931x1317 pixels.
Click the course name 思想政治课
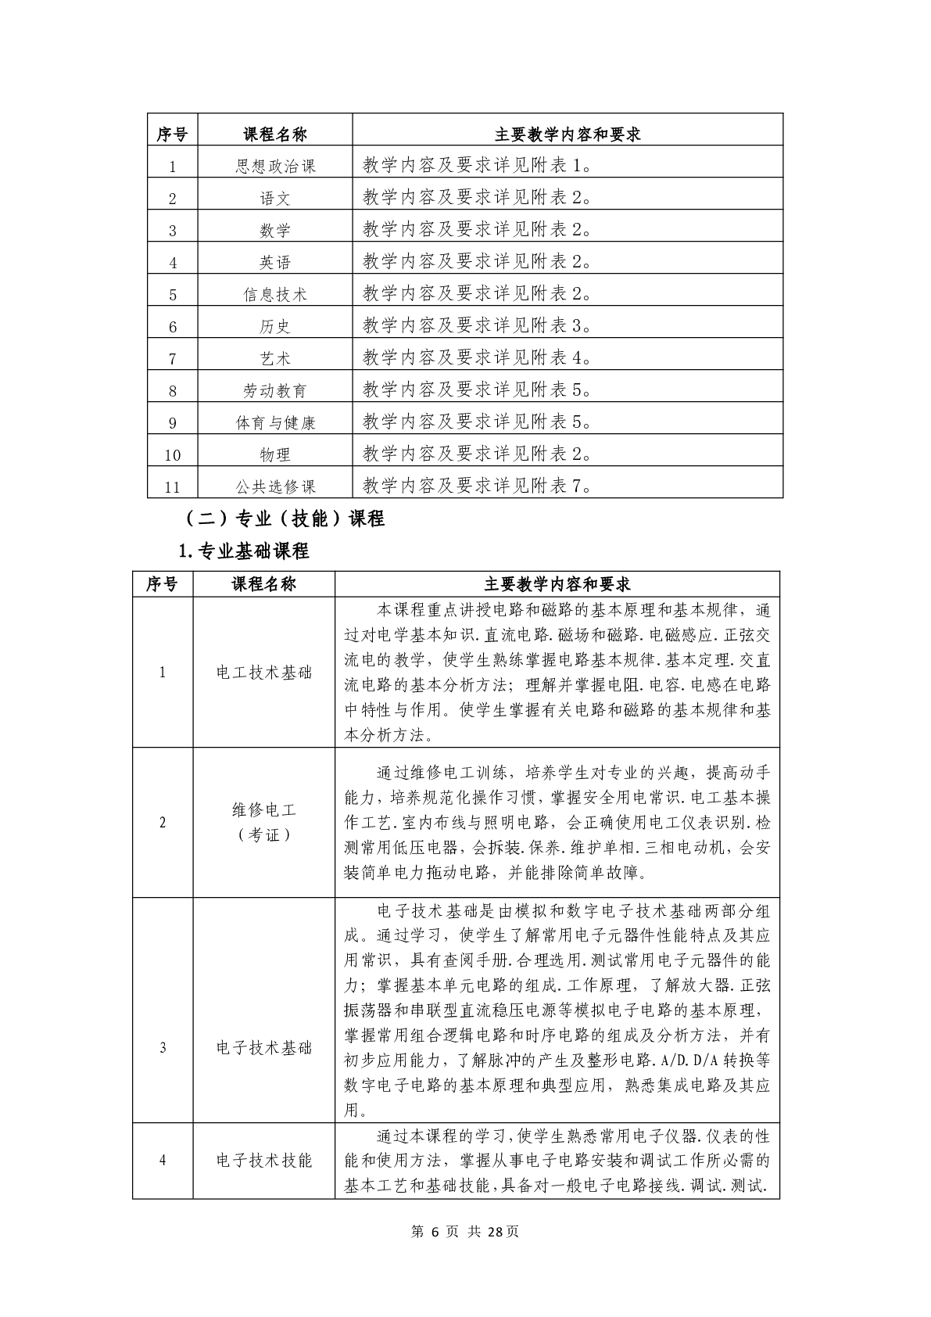coord(275,167)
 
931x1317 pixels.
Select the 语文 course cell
coord(275,199)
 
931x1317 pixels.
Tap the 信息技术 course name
coord(275,295)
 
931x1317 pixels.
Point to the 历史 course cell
coord(275,327)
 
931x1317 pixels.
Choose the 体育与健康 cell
coord(275,423)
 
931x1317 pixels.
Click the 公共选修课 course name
coord(275,487)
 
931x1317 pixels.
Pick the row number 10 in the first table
coord(173,455)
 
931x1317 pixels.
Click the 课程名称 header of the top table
coord(275,135)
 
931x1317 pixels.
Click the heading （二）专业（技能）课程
coord(282,519)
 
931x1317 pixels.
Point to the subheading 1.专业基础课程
coord(244,551)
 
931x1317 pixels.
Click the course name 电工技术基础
coord(263,673)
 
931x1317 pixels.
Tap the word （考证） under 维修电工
coord(263,835)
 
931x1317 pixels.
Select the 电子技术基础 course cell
coord(263,1048)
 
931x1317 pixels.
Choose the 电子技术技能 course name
coord(263,1160)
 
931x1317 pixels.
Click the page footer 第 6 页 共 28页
coord(464,1232)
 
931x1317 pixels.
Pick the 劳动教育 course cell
coord(275,391)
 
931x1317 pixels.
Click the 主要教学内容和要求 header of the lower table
coord(557,584)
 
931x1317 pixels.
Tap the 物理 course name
coord(275,455)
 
